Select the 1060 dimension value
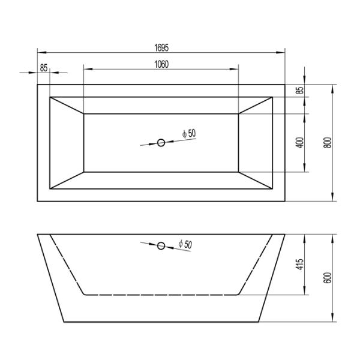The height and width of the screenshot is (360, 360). click(160, 65)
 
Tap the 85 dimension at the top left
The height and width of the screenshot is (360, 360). click(44, 67)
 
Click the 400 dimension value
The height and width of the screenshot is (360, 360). click(301, 143)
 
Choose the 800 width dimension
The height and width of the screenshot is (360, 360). click(327, 143)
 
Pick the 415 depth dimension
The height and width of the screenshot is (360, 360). click(301, 264)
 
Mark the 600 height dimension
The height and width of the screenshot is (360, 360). click(327, 278)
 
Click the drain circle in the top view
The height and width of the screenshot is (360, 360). click(161, 142)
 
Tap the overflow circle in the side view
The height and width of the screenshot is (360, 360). click(161, 245)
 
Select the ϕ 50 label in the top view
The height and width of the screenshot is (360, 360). click(188, 133)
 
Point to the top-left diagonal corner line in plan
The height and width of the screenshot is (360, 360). click(66, 104)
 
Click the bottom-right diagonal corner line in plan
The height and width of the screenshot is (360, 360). click(257, 182)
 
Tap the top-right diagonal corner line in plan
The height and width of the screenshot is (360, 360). click(257, 104)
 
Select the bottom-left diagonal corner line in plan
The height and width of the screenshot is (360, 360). click(66, 182)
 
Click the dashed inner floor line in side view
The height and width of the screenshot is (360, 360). click(161, 295)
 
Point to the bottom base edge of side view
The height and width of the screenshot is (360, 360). click(161, 322)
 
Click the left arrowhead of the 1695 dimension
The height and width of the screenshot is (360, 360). click(40, 50)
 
